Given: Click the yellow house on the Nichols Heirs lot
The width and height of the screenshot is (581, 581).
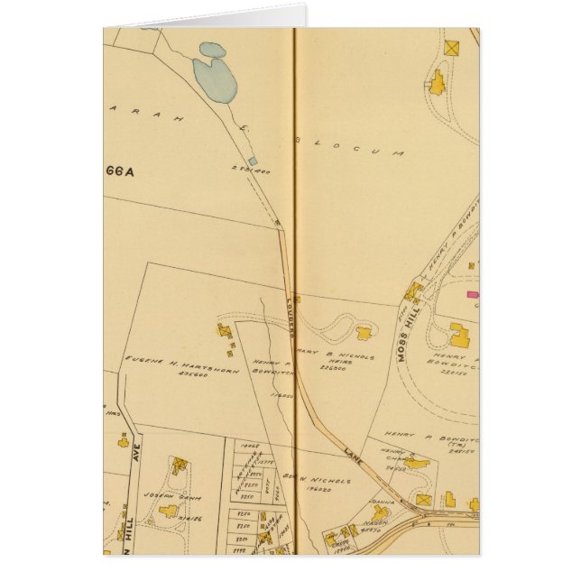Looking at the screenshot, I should point(364,333).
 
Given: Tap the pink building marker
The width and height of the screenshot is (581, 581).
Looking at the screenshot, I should point(470,293).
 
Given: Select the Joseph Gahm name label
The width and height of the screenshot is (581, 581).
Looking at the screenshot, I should point(178,498).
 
